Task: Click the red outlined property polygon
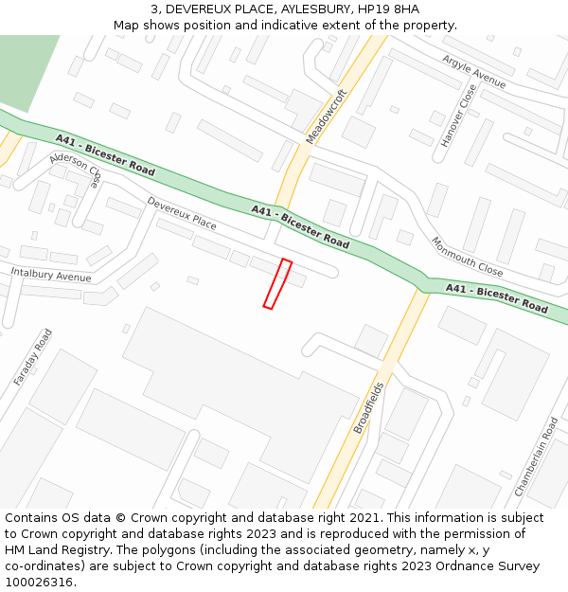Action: click(277, 283)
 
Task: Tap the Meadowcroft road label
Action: click(326, 117)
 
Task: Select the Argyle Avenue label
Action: click(473, 72)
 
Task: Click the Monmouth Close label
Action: click(467, 256)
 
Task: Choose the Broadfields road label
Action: click(368, 407)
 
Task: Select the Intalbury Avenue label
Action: click(51, 275)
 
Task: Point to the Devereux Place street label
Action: click(182, 214)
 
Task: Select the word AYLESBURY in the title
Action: click(315, 9)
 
